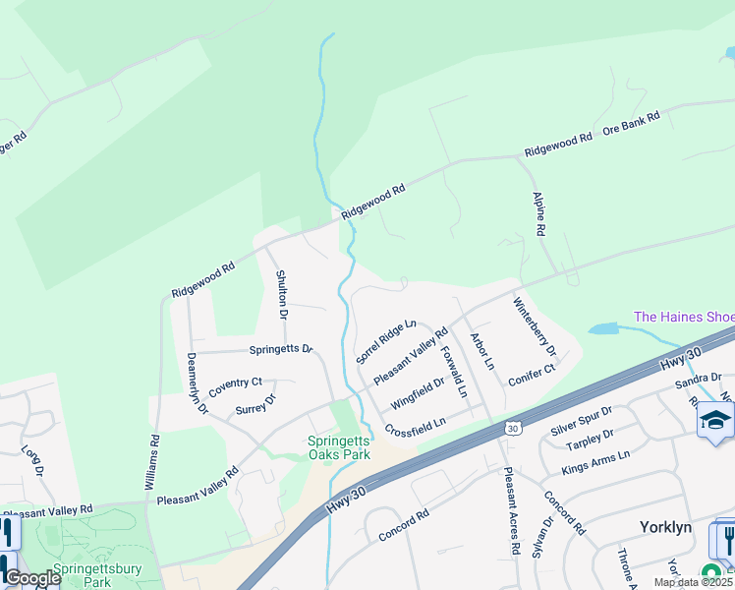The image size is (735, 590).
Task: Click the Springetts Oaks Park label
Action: (x=338, y=448)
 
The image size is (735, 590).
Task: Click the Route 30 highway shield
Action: (x=512, y=428)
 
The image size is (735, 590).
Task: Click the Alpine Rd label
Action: (x=539, y=212)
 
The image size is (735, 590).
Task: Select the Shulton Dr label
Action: (x=281, y=295)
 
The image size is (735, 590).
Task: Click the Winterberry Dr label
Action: (x=536, y=327)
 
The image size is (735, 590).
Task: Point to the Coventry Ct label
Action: (x=235, y=383)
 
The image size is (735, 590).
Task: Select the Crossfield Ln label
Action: (x=416, y=427)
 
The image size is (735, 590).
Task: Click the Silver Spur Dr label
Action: (x=582, y=420)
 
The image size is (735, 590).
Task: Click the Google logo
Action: (x=32, y=579)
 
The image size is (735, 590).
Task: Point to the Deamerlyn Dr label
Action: (x=197, y=383)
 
